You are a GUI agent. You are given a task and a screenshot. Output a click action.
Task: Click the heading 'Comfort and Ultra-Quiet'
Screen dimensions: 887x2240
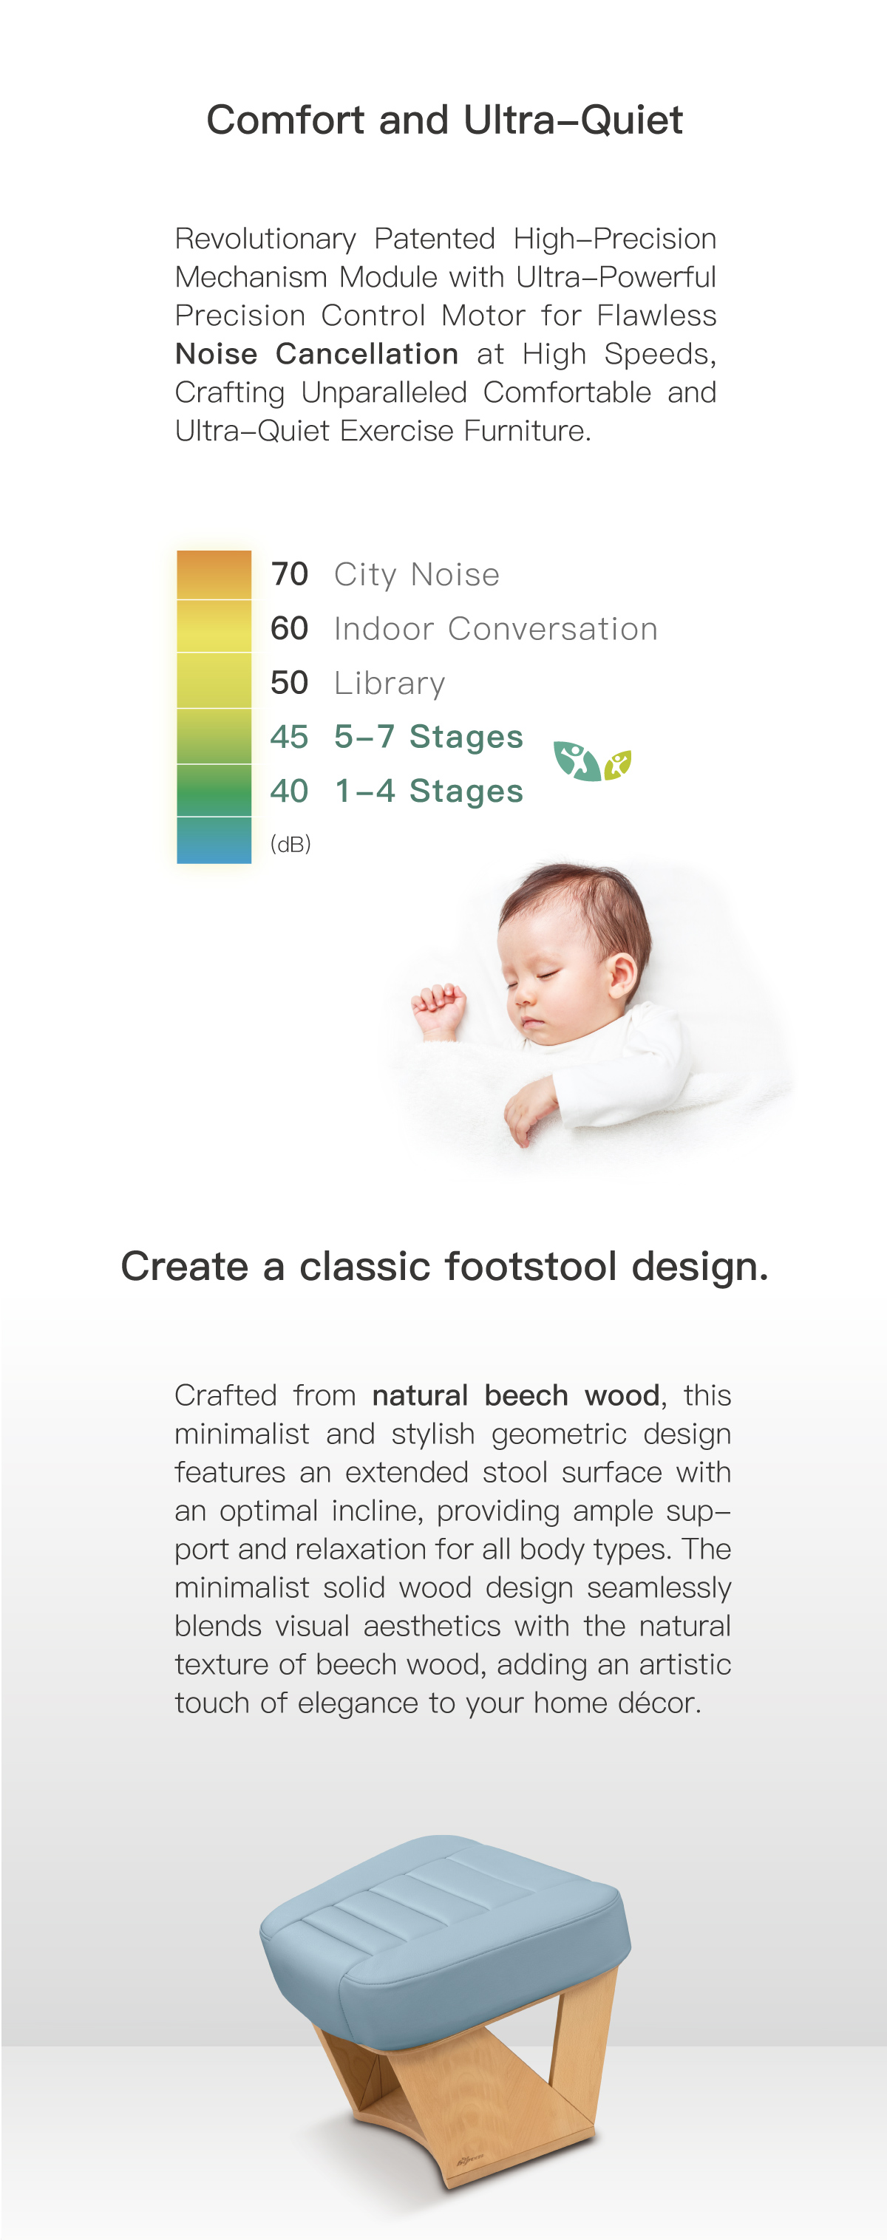(444, 120)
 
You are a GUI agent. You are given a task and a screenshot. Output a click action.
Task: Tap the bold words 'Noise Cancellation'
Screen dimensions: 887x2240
(316, 354)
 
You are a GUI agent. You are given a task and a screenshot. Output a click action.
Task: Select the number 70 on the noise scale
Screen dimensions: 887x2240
(290, 574)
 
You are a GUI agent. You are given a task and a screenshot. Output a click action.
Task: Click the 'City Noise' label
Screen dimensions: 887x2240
(417, 575)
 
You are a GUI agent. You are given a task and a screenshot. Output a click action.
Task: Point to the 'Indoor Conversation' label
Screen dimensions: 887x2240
(496, 629)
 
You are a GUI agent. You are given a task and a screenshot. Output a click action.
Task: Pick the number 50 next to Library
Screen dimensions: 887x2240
(290, 683)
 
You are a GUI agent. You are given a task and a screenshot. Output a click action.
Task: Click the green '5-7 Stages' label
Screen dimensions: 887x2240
(429, 737)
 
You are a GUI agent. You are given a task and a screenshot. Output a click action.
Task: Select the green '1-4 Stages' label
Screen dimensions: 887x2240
(429, 792)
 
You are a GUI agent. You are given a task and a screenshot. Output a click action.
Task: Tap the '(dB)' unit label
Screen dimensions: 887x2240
(290, 843)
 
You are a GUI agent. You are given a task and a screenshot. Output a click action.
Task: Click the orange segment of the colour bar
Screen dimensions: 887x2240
(214, 575)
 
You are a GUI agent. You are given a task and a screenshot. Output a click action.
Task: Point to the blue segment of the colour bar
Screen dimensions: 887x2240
(214, 840)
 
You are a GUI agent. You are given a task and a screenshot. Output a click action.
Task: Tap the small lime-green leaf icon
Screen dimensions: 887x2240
(617, 765)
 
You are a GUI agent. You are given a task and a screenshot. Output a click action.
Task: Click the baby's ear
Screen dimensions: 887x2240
(622, 975)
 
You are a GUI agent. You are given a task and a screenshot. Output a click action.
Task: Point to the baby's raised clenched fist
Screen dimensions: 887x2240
(439, 1010)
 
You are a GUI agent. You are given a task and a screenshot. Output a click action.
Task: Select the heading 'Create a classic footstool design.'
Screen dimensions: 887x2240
(444, 1266)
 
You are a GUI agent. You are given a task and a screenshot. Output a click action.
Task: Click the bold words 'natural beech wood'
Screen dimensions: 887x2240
(516, 1395)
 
